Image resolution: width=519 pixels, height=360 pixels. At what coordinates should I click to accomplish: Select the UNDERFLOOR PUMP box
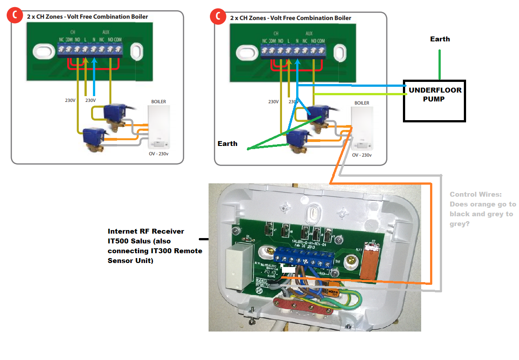tap(434, 101)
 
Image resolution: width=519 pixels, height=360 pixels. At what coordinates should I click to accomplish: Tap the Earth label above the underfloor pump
tap(440, 39)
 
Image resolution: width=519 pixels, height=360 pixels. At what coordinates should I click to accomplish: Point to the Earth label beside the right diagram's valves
tap(227, 144)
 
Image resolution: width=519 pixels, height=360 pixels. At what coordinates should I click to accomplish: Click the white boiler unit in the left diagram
tap(159, 126)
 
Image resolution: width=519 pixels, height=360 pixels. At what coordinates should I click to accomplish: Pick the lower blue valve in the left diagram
tap(95, 136)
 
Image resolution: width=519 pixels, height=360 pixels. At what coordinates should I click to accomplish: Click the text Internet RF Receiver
tap(145, 231)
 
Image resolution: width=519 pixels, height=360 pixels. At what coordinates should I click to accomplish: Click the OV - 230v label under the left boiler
tap(159, 154)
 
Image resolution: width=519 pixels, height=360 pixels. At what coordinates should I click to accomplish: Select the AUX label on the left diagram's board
tap(105, 33)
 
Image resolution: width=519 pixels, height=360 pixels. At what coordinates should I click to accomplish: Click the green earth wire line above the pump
tap(440, 65)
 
